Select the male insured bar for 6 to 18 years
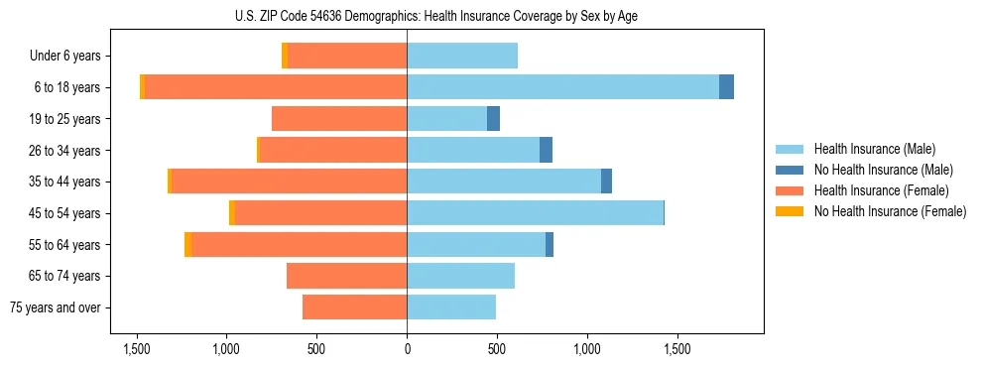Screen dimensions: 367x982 [562, 87]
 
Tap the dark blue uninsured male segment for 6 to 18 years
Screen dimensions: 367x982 [726, 87]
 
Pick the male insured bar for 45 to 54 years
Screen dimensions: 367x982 [535, 213]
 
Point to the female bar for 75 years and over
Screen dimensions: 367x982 [354, 307]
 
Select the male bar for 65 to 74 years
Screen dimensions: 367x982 [460, 276]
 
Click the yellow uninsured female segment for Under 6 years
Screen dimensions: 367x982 [285, 57]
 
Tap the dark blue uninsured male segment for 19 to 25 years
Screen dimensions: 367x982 [493, 119]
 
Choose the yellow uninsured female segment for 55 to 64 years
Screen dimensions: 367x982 [187, 245]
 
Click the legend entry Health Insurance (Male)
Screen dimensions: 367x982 [874, 149]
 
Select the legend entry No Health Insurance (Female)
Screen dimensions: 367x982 [890, 211]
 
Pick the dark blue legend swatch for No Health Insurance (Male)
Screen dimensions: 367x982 [790, 170]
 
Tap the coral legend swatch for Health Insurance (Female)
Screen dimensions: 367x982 [790, 190]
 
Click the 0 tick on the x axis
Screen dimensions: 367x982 [407, 349]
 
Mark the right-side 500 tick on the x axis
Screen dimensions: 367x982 [497, 349]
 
